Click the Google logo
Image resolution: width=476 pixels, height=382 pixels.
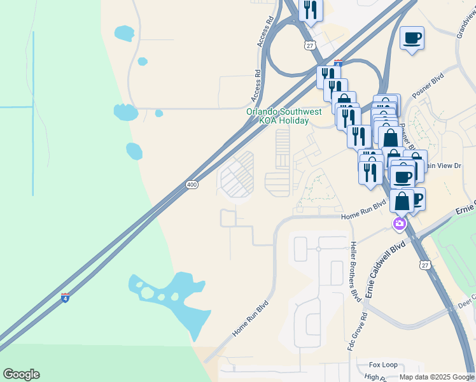pos(21,374)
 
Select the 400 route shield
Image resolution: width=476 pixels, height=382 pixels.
pos(192,185)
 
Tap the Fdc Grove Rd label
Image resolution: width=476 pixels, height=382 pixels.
pos(364,326)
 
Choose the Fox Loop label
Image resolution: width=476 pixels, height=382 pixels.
pos(384,365)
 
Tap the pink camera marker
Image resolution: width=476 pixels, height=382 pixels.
pos(399,223)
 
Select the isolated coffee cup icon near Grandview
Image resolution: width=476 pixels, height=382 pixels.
pos(412,38)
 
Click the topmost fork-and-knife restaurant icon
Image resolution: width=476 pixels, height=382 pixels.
pos(311,10)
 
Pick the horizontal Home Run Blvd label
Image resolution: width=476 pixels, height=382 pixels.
pos(363,211)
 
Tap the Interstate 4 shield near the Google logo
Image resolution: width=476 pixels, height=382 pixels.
pos(66,297)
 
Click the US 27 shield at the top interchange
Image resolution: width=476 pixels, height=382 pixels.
pos(309,45)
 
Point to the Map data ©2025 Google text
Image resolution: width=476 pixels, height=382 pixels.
pos(436,377)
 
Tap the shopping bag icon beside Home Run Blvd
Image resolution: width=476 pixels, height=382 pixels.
pos(402,201)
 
